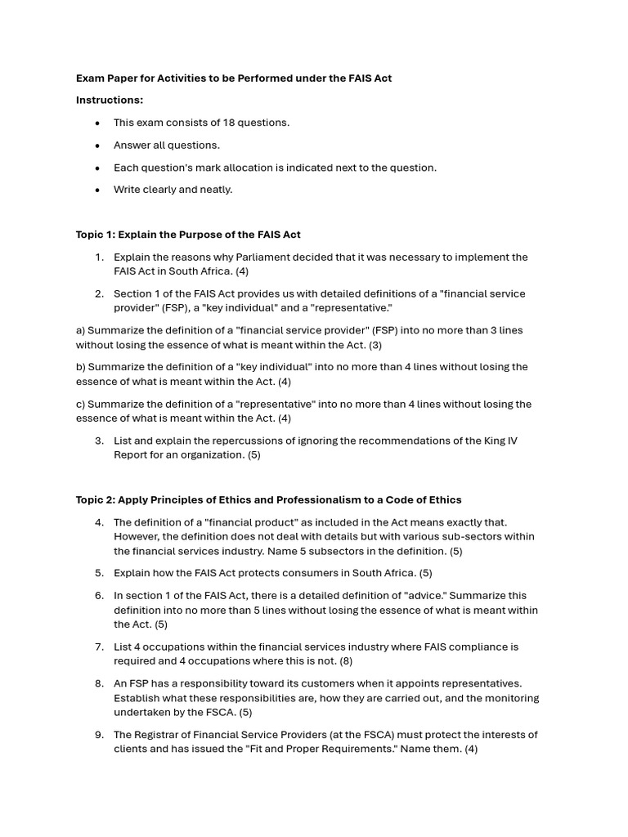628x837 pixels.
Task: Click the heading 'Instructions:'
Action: coord(110,100)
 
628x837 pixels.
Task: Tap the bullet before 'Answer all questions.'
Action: coord(97,145)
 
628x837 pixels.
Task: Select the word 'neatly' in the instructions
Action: coord(216,190)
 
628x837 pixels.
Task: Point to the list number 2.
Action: coord(99,293)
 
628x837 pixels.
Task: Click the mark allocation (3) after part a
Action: coord(375,345)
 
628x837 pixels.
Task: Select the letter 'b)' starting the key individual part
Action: coord(81,367)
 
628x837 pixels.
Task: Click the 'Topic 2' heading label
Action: coord(96,499)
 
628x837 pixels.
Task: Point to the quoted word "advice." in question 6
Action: coord(415,596)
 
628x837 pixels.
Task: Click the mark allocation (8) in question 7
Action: coord(346,661)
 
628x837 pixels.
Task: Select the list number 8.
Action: coord(99,683)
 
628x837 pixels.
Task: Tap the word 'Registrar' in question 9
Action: coord(160,735)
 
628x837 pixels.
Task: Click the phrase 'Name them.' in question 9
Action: coord(433,749)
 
